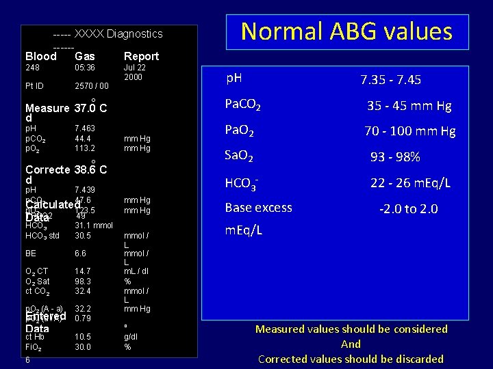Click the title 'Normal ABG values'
point(346,31)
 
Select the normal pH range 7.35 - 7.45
point(391,80)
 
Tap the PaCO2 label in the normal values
point(243,105)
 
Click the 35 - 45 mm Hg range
point(409,106)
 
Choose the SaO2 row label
point(240,156)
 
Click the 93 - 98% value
point(395,157)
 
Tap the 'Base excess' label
point(259,208)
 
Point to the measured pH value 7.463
point(85,128)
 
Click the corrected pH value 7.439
point(85,189)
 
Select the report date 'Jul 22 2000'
point(133,72)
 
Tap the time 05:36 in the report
point(85,68)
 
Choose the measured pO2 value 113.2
point(85,147)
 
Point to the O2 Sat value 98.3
point(82,281)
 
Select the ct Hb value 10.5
point(82,337)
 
